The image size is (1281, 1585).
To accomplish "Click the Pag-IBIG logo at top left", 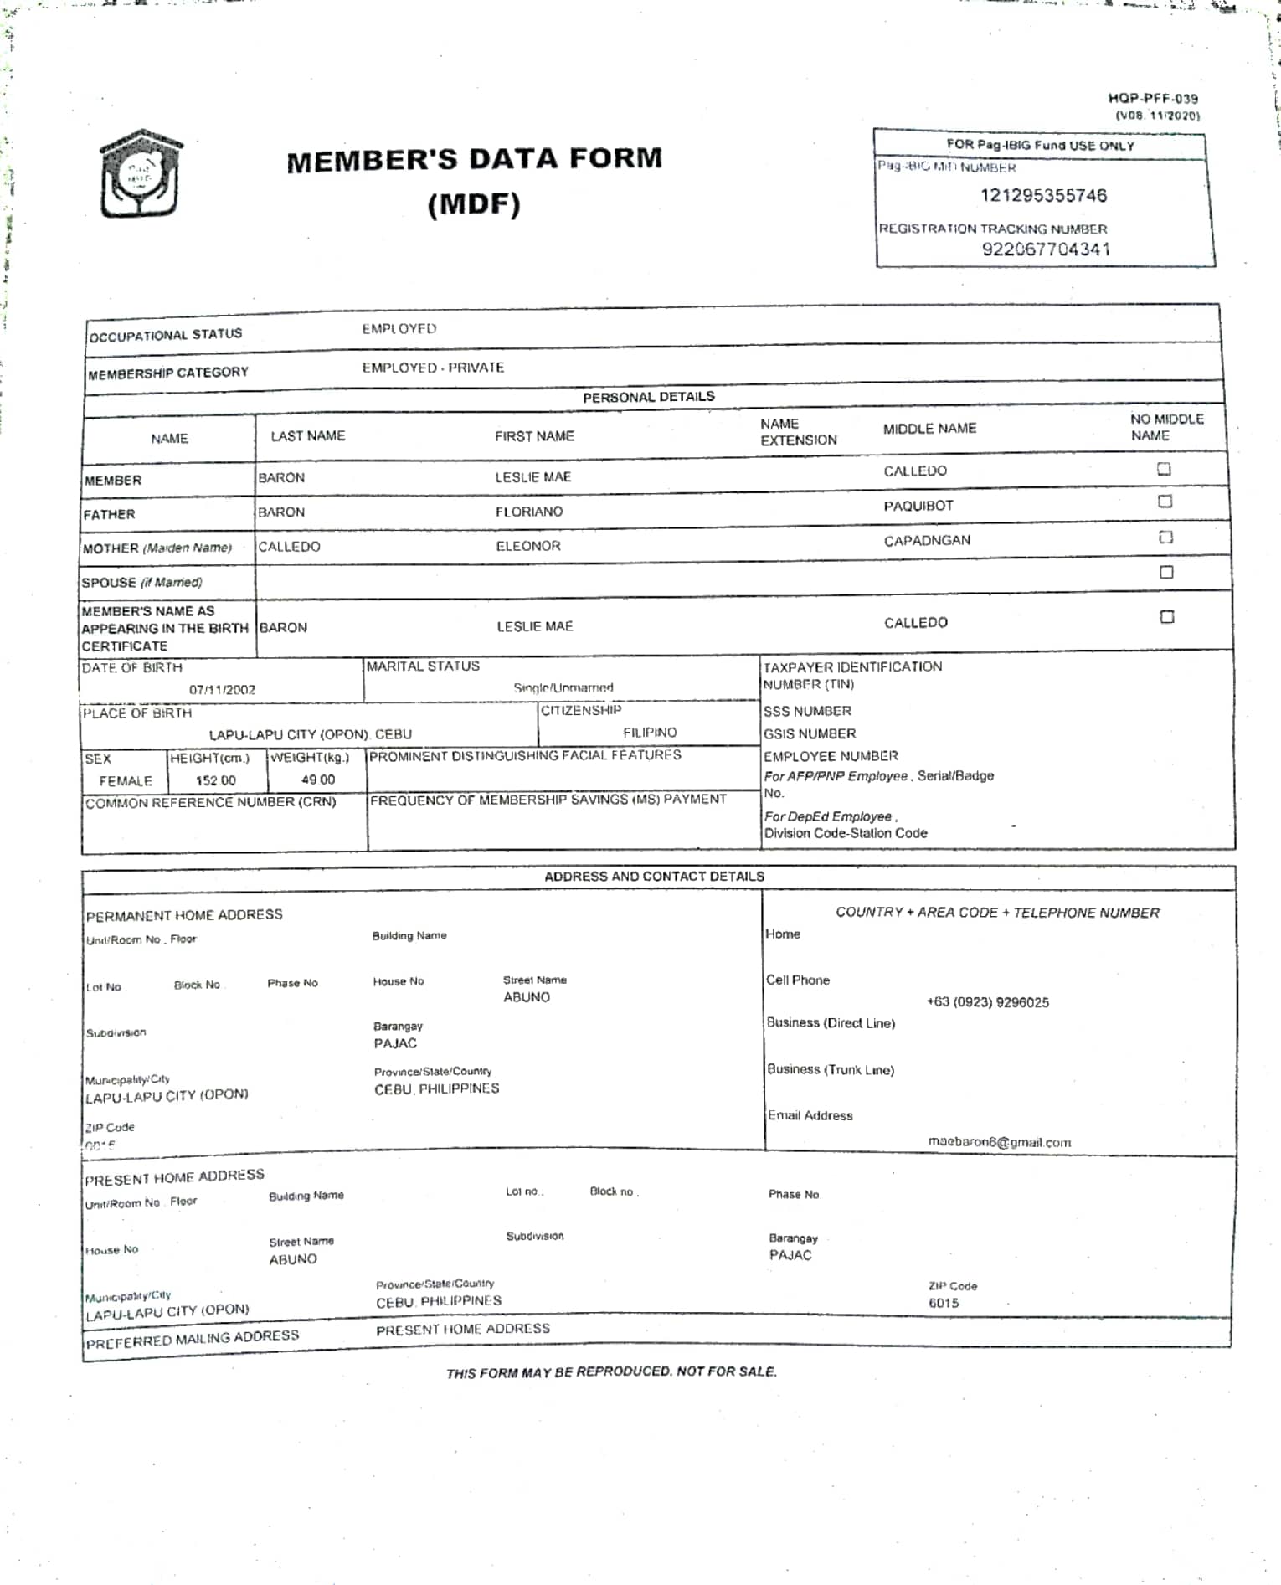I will point(140,174).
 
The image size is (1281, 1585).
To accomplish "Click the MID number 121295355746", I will point(1043,196).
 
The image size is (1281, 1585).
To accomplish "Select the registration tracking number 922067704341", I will point(1046,250).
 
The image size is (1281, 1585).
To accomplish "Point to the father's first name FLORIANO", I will point(528,512).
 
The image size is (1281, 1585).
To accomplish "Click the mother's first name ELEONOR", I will point(527,546).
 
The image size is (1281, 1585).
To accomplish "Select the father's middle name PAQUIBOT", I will point(918,506).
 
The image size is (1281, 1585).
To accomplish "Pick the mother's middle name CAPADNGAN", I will point(927,541).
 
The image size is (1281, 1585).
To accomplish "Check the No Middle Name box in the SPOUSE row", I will point(1166,573).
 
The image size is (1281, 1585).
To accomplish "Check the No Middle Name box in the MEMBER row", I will point(1164,469).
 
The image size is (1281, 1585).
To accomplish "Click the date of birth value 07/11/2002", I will point(222,690).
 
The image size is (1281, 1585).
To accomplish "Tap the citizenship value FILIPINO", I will point(649,733).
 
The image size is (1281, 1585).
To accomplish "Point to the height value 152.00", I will point(215,780).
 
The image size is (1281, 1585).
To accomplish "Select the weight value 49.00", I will point(317,780).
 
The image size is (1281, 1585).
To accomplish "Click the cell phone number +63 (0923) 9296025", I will point(987,1002).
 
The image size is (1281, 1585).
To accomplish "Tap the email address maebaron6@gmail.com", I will point(999,1142).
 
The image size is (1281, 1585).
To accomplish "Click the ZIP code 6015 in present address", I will point(944,1303).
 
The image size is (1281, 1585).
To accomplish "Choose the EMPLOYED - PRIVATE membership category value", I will point(433,368).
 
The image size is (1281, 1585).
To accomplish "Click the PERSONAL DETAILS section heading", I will point(648,397).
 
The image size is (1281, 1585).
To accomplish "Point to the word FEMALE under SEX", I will point(126,781).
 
